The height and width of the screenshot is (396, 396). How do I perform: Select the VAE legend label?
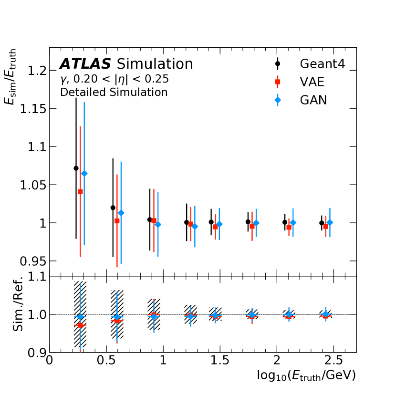(x=312, y=82)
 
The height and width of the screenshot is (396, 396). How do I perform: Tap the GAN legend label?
(x=313, y=101)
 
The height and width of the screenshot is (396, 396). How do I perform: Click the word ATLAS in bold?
(x=85, y=64)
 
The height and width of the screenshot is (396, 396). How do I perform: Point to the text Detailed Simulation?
(x=114, y=92)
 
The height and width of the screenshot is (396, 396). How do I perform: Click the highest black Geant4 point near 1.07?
(x=76, y=168)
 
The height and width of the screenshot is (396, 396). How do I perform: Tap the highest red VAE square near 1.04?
(x=80, y=192)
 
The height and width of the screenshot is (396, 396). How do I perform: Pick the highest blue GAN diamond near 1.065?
(x=84, y=174)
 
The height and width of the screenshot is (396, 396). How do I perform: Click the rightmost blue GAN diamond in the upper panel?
(x=330, y=222)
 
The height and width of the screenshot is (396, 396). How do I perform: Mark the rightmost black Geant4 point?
(x=322, y=223)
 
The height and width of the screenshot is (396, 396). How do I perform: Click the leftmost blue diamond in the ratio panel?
(x=81, y=317)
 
